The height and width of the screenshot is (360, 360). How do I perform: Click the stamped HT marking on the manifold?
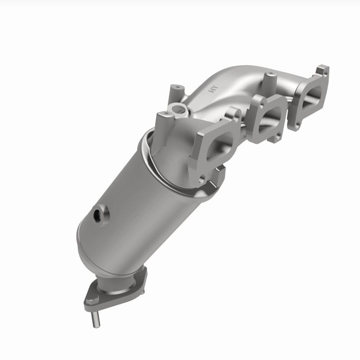pyautogui.click(x=213, y=89)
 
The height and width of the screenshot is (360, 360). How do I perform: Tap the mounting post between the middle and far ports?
pyautogui.click(x=270, y=81)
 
